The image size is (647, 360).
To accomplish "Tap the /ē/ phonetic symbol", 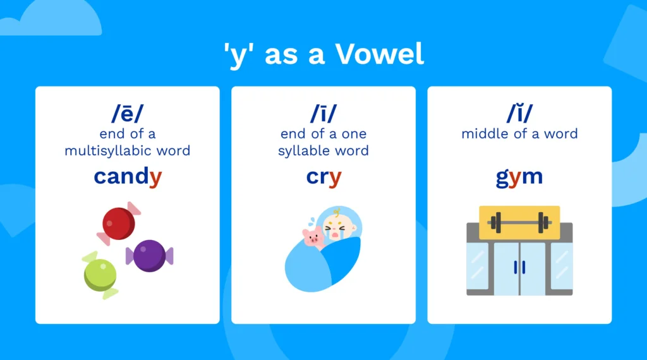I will (128, 114).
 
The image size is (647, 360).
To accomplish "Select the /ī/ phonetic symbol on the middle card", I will (323, 114).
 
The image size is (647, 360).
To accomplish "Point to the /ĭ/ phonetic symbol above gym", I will (519, 114).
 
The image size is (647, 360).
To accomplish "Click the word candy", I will (128, 177).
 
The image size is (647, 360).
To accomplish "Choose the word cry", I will (323, 177).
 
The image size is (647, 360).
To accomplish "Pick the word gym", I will (519, 177).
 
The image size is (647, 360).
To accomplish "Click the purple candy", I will (149, 255).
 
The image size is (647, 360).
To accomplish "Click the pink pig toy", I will (313, 237).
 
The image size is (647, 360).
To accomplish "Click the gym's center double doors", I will (519, 268).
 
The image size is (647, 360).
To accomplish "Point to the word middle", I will (484, 134).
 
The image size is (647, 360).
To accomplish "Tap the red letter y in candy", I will (155, 179).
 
